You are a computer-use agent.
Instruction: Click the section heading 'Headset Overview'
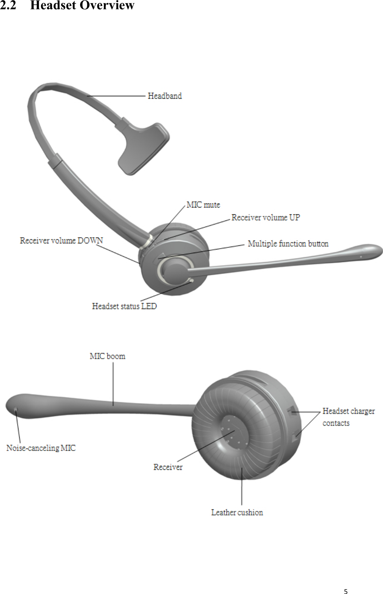(x=82, y=5)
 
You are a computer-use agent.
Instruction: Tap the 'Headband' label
(x=165, y=96)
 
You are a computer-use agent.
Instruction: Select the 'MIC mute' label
(x=203, y=205)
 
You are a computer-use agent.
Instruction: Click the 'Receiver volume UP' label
(x=266, y=218)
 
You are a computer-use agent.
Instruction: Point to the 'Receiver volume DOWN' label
(x=62, y=241)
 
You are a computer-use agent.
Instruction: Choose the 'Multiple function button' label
(x=288, y=243)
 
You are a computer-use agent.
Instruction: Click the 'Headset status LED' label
(x=124, y=306)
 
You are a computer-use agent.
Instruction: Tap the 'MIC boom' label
(x=107, y=356)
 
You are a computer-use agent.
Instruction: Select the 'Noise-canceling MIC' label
(x=41, y=448)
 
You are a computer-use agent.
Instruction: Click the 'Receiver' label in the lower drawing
(x=168, y=467)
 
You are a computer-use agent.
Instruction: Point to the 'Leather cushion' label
(x=237, y=513)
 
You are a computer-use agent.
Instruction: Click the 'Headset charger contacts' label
(x=348, y=417)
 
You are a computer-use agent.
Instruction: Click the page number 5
(x=346, y=591)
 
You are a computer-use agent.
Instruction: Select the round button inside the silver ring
(x=174, y=270)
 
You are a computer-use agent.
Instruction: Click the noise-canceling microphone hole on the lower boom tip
(x=16, y=409)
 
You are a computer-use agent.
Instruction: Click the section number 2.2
(x=8, y=5)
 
